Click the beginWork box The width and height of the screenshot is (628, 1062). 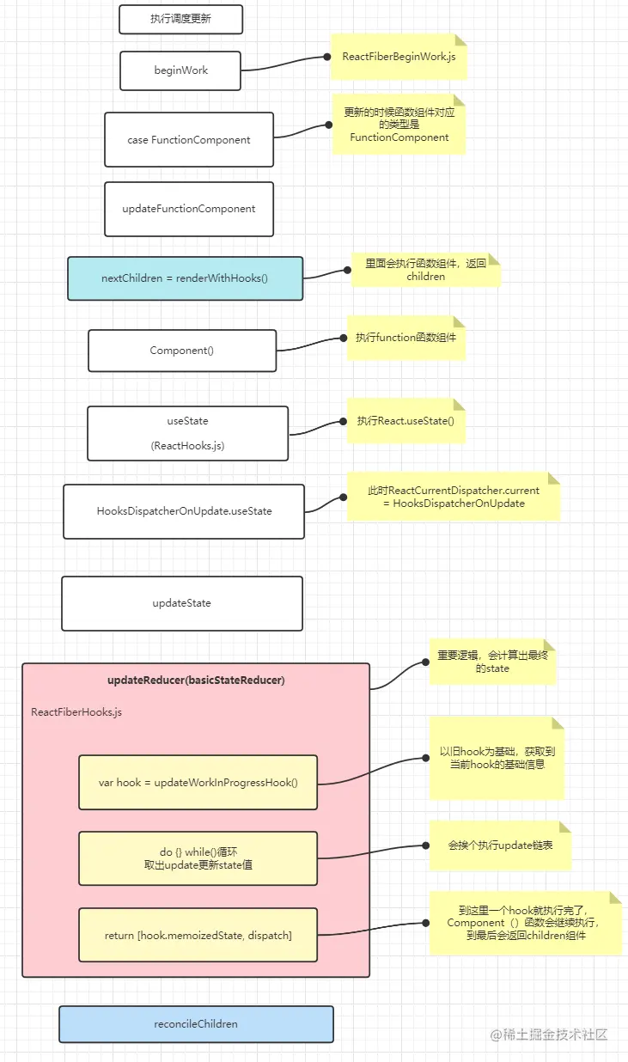pyautogui.click(x=180, y=70)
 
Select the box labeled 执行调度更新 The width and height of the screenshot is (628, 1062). pyautogui.click(x=180, y=19)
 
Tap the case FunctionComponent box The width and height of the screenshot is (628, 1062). pyautogui.click(x=189, y=139)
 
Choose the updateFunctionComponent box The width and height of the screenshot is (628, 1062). pyautogui.click(x=189, y=209)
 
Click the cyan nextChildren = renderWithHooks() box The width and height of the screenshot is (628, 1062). pyautogui.click(x=185, y=278)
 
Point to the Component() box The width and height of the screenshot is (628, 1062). pyautogui.click(x=182, y=351)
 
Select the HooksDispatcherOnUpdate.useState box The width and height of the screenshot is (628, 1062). pyautogui.click(x=184, y=511)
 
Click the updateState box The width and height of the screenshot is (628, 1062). pyautogui.click(x=182, y=603)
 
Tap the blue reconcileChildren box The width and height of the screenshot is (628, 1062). pyautogui.click(x=196, y=1024)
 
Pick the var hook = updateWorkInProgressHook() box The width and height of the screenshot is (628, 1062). pyautogui.click(x=198, y=783)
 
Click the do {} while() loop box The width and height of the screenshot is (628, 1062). pyautogui.click(x=198, y=858)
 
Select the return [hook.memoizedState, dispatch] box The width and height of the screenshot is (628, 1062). pyautogui.click(x=198, y=935)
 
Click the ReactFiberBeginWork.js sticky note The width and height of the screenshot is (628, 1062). pyautogui.click(x=399, y=57)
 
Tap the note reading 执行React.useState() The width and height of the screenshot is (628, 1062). pyautogui.click(x=405, y=421)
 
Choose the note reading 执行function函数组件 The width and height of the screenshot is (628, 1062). pyautogui.click(x=405, y=338)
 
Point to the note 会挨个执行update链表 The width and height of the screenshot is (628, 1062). pyautogui.click(x=500, y=845)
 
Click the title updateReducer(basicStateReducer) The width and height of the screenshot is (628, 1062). pyautogui.click(x=196, y=680)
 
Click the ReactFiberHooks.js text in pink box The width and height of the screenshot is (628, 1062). pyautogui.click(x=76, y=712)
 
